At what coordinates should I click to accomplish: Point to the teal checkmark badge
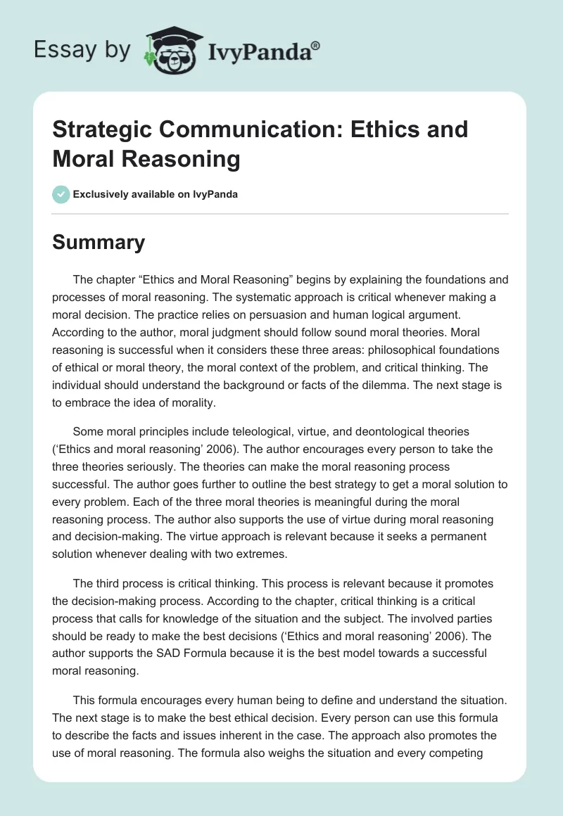click(61, 194)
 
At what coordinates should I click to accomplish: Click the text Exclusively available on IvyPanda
click(156, 194)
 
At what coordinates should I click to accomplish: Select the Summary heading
click(99, 243)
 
